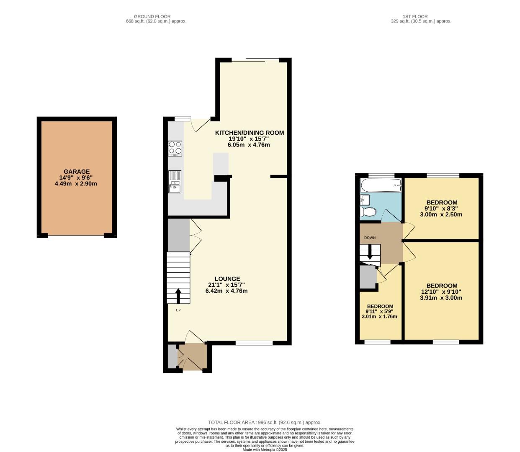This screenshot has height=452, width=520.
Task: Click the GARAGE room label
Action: pos(77,172)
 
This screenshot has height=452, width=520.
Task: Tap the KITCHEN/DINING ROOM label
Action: pos(250,133)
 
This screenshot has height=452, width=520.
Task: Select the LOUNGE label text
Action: pos(227,279)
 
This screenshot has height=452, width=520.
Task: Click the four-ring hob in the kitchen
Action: pos(175,148)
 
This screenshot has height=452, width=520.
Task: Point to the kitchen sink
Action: pos(175,182)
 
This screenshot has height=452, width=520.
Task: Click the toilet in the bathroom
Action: pos(368,212)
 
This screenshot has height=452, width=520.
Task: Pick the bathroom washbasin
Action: pos(363,200)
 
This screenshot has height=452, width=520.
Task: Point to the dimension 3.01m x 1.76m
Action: pos(379,316)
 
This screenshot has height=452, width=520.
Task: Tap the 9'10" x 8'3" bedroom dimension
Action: pos(441,208)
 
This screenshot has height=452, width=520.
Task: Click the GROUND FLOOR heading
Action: pos(152,16)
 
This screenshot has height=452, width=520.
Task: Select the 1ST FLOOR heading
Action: pos(415,16)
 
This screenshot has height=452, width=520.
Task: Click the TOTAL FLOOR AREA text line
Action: pos(265,422)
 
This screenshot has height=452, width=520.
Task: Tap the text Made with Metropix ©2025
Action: pos(265,449)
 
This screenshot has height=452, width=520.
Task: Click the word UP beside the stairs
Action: pos(178,310)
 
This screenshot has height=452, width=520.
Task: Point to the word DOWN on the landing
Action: pos(370,238)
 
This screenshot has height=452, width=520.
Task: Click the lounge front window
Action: pos(254,343)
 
